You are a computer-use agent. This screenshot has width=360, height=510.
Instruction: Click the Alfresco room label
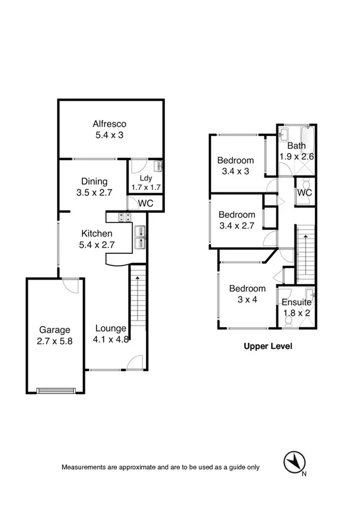(x=109, y=124)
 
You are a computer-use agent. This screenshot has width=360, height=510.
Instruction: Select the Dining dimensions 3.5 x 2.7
(x=94, y=194)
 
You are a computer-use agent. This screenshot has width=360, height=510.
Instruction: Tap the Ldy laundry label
(x=145, y=178)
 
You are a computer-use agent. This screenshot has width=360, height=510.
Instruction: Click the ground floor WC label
(x=145, y=204)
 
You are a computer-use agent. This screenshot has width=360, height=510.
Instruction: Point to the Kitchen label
(x=97, y=234)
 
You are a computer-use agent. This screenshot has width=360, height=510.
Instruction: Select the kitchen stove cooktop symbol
(x=125, y=218)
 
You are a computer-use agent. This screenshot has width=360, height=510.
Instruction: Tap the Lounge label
(x=111, y=328)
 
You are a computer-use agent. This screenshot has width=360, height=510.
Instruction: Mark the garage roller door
(x=57, y=390)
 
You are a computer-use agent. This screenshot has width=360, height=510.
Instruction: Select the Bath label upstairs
(x=296, y=146)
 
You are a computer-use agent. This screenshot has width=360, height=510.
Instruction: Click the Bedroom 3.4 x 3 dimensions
(x=236, y=171)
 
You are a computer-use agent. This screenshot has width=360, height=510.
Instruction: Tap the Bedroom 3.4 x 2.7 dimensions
(x=236, y=226)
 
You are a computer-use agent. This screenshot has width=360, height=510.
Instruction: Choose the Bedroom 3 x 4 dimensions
(x=247, y=300)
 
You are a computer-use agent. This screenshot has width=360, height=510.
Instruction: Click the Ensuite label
(x=297, y=303)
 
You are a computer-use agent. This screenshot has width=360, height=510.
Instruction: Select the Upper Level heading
(x=267, y=346)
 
